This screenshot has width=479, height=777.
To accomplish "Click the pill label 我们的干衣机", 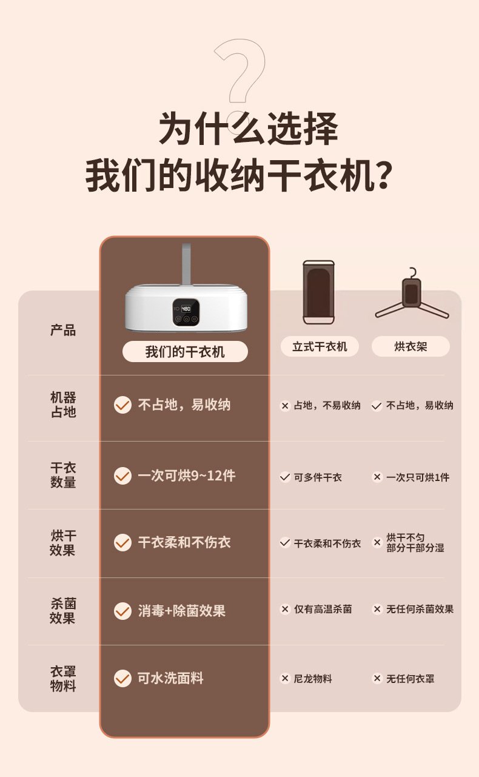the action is [185, 351].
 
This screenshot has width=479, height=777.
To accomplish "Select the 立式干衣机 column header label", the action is [320, 346].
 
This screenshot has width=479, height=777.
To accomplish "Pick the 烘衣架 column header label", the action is [410, 346].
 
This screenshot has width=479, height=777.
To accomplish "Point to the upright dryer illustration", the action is [319, 292].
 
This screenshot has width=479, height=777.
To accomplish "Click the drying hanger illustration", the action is [412, 295].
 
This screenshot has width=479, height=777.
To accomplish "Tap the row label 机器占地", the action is [63, 405].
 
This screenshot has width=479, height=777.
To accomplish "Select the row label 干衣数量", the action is [63, 475].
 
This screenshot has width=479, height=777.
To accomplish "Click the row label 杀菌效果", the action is [63, 611].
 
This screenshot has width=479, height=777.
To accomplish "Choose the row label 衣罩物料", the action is [63, 679].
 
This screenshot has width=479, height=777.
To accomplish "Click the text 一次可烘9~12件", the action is [187, 476].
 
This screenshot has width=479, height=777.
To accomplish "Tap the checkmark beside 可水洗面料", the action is [122, 678].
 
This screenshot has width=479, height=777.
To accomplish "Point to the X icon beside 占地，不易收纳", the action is [285, 406].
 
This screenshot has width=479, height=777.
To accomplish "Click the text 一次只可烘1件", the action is [418, 477].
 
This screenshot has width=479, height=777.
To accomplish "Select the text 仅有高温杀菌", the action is [323, 609].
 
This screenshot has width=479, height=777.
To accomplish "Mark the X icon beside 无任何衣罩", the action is [377, 678].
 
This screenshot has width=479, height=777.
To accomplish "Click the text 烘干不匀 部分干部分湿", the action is [415, 542].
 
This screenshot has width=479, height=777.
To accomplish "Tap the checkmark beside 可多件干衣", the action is [285, 477].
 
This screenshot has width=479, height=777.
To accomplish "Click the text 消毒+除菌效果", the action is [182, 611].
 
